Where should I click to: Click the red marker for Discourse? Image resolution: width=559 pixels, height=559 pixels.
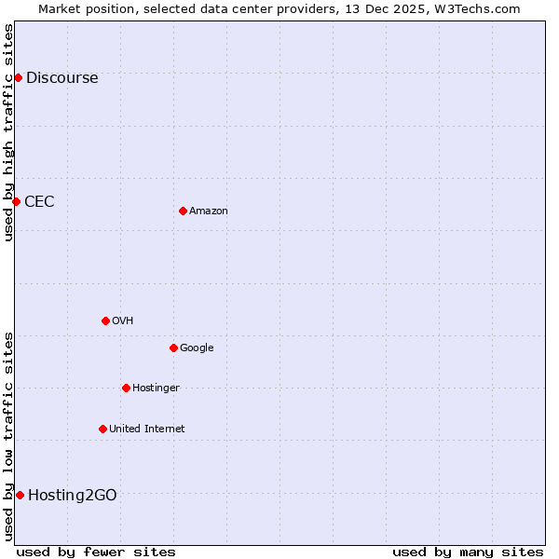click(x=18, y=77)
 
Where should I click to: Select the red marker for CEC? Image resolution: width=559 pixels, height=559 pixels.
click(x=16, y=201)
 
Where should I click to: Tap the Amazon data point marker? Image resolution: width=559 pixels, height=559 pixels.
click(x=183, y=211)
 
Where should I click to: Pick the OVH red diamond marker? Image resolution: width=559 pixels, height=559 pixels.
click(x=105, y=320)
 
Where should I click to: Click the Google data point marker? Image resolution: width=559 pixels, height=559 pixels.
click(x=173, y=348)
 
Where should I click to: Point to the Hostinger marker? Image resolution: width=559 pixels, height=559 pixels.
click(x=126, y=388)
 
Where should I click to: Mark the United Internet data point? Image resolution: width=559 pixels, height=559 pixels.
click(x=102, y=429)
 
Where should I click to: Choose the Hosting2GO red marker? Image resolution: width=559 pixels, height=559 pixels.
click(x=20, y=495)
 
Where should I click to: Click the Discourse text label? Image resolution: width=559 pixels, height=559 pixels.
click(x=61, y=78)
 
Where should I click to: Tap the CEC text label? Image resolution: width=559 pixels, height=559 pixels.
click(x=39, y=202)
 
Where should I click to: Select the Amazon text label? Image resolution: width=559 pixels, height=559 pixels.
click(x=209, y=211)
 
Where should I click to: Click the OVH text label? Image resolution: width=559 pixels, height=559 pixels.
click(x=123, y=321)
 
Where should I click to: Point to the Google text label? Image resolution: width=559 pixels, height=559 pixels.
click(x=197, y=348)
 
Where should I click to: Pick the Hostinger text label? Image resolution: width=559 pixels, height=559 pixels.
click(x=156, y=389)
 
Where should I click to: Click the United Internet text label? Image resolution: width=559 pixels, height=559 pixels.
click(x=147, y=429)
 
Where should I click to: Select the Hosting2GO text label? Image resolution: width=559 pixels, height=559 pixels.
click(x=73, y=496)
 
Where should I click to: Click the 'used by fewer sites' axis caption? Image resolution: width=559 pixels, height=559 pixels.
click(x=96, y=552)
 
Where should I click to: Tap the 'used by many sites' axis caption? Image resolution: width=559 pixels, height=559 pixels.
click(x=468, y=552)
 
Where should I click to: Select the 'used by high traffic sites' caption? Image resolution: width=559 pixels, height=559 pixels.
click(x=9, y=132)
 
